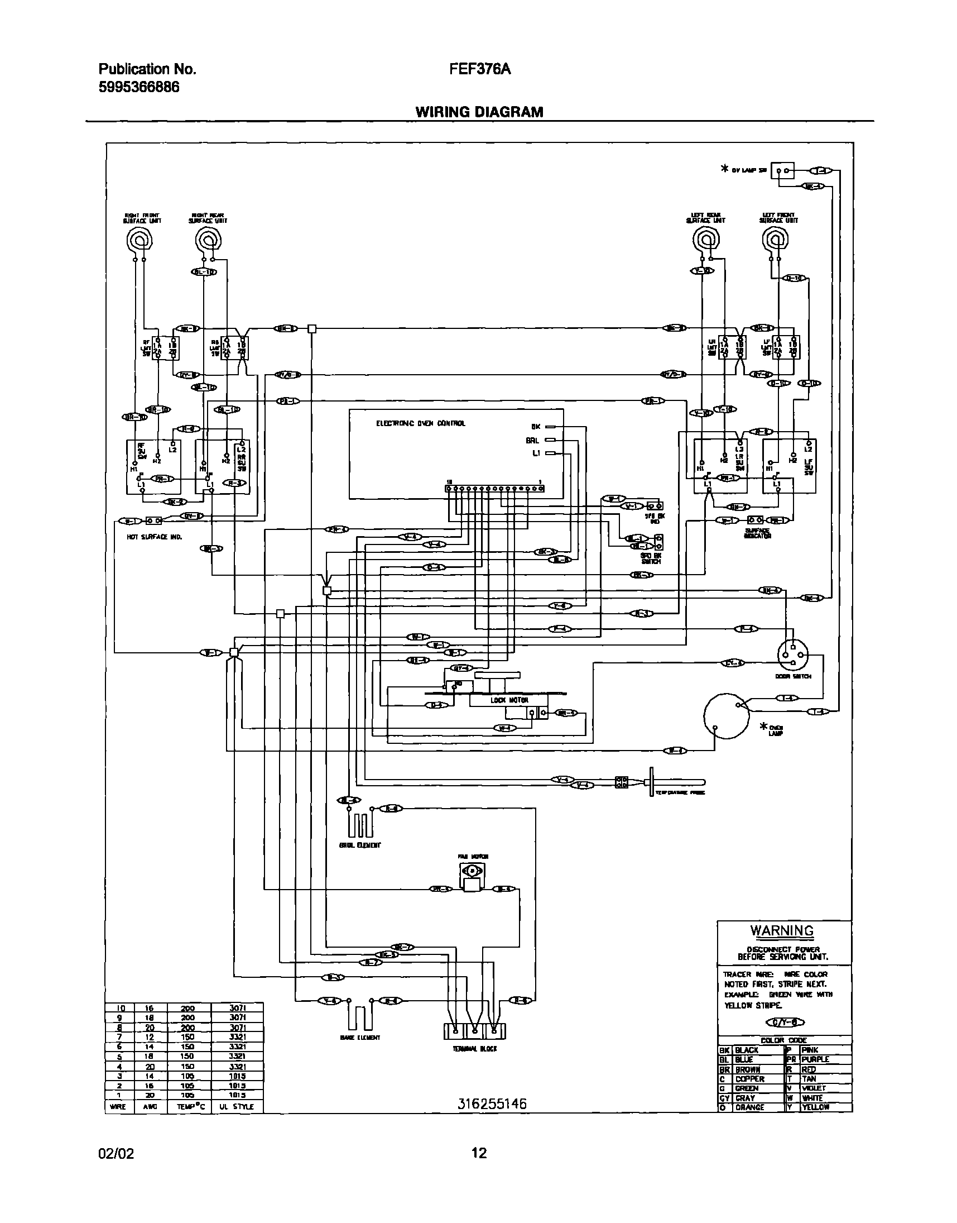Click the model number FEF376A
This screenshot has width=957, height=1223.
pos(480,69)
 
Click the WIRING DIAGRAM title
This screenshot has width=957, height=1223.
pos(479,112)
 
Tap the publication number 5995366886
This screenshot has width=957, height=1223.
pos(139,88)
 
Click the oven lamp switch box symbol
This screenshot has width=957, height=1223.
pos(782,170)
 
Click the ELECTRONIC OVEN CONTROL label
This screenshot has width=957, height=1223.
pos(420,423)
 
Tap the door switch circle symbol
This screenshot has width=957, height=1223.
pos(793,654)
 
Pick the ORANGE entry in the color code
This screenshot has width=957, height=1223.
pos(749,1107)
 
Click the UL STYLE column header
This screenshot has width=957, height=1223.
pos(237,1107)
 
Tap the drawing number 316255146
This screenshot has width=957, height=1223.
pos(492,1104)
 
